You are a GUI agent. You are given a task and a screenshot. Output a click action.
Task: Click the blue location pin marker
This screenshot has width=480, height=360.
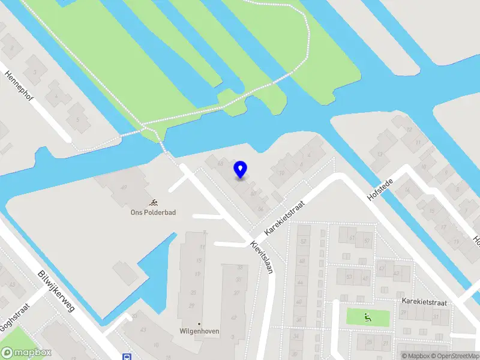[241, 170]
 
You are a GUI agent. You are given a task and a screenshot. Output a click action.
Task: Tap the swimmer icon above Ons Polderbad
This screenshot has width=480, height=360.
[154, 202]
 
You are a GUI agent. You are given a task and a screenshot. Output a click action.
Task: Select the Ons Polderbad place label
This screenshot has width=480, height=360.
[153, 212]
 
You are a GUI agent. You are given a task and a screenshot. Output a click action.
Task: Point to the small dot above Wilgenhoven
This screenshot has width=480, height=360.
[199, 323]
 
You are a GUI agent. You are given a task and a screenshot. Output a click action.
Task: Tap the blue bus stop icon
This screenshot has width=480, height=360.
[127, 356]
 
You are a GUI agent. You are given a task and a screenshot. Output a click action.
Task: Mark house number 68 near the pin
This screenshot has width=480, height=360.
[220, 163]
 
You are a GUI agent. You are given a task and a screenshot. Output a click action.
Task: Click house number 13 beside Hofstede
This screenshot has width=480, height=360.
[410, 130]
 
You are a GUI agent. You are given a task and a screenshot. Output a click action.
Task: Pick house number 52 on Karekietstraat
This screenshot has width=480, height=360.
[303, 241]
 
